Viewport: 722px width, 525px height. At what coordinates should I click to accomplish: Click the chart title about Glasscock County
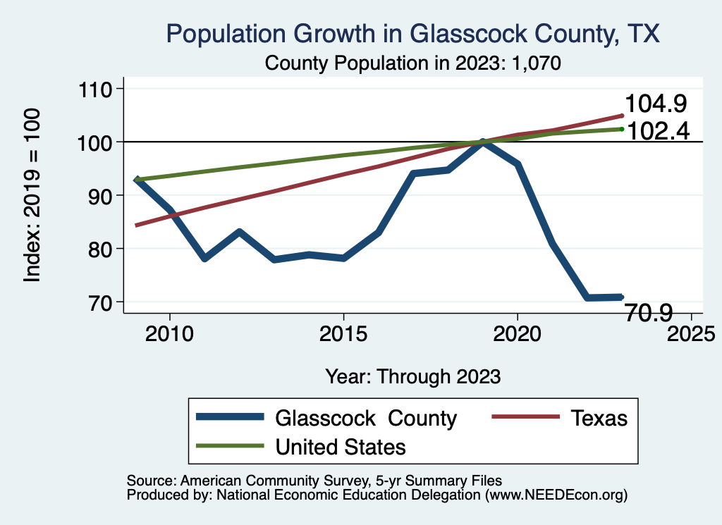[x=412, y=34]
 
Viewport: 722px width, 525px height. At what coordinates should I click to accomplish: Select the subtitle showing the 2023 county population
[x=412, y=63]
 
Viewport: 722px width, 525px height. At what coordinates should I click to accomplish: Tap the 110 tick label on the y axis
[x=101, y=89]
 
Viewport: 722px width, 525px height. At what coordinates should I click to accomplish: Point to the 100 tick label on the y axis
[x=101, y=142]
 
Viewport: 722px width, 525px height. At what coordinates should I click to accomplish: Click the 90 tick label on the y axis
[x=106, y=195]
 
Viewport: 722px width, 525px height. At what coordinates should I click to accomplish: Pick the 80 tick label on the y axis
[x=106, y=249]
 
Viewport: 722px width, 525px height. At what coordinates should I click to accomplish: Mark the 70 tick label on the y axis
[x=106, y=302]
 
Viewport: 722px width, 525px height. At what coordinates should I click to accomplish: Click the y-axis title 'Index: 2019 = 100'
[x=32, y=195]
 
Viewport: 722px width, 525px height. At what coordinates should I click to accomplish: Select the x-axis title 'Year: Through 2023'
[x=413, y=376]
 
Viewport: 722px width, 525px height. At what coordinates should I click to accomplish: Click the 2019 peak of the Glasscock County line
[x=483, y=142]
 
